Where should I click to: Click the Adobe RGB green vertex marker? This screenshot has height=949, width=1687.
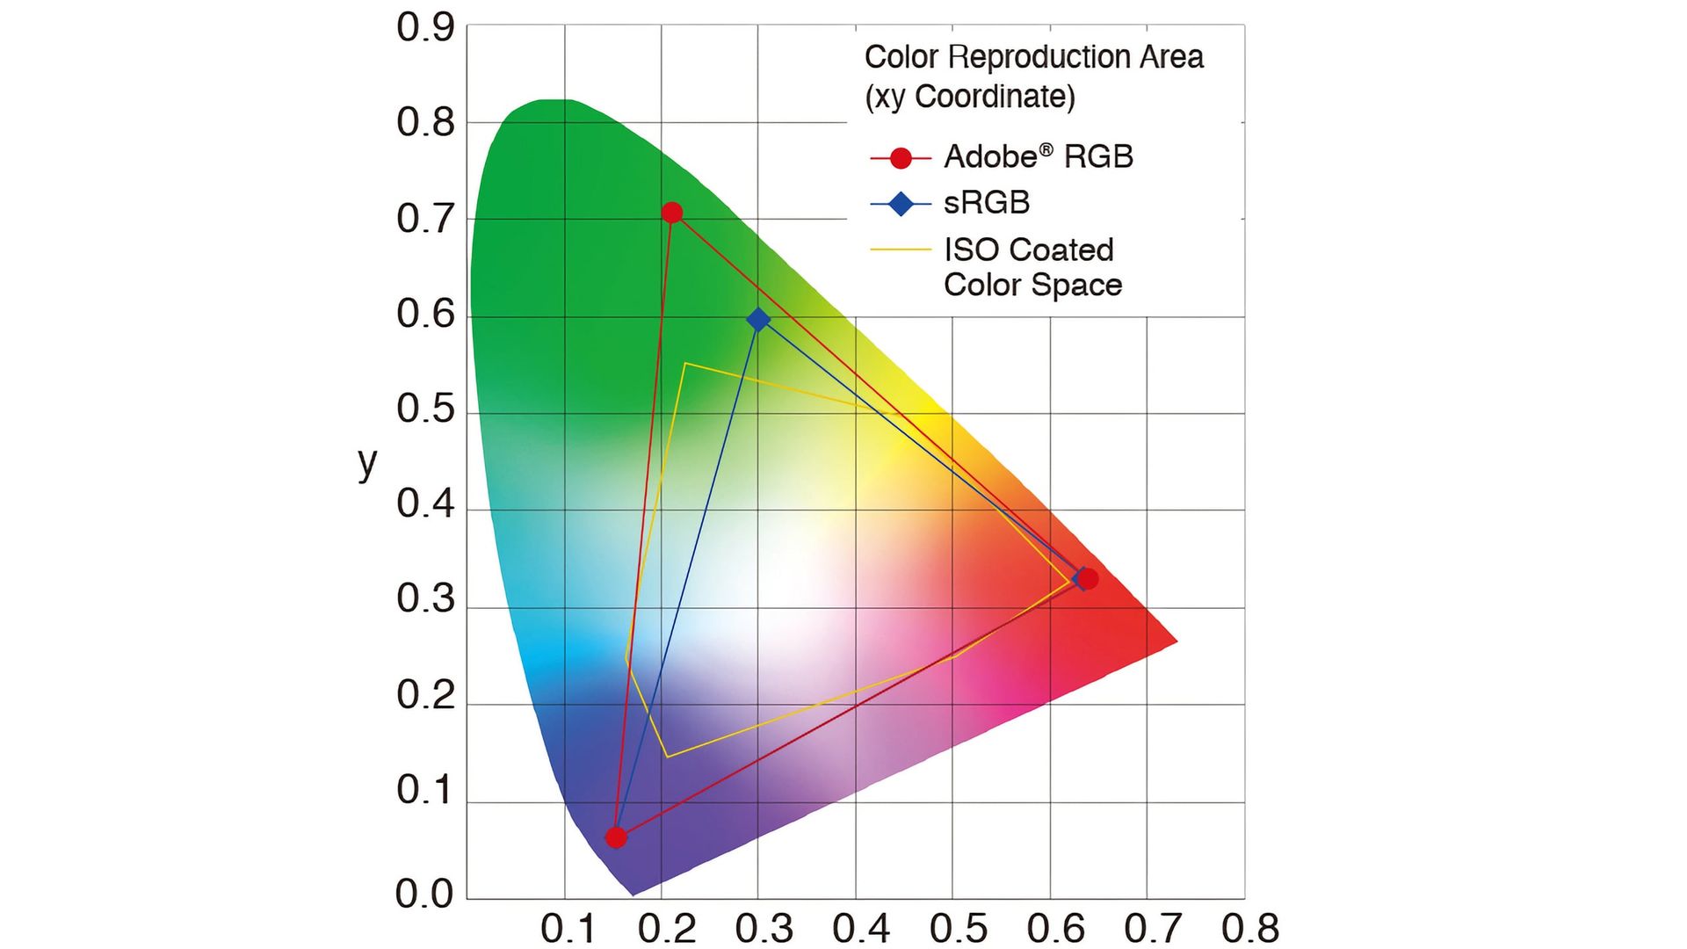click(x=672, y=213)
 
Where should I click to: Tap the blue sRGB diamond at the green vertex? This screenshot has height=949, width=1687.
click(x=758, y=320)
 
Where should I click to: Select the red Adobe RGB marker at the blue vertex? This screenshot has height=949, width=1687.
click(x=616, y=837)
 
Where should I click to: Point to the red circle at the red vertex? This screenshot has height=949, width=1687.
click(x=1088, y=579)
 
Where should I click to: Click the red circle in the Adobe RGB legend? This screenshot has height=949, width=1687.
click(x=901, y=158)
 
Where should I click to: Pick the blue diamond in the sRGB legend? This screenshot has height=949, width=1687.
click(x=901, y=204)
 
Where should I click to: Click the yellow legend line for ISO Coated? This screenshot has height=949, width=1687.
click(x=901, y=250)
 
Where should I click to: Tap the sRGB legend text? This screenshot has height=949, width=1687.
click(x=987, y=203)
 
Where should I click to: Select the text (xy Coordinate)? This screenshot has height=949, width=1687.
click(x=970, y=97)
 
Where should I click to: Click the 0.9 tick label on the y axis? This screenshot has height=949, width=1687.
click(x=425, y=28)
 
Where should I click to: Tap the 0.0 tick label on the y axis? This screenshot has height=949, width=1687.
click(x=425, y=894)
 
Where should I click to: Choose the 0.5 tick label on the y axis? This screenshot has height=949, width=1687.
click(x=425, y=409)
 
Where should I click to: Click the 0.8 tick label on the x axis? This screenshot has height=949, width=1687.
click(x=1249, y=929)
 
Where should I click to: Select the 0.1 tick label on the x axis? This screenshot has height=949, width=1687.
click(x=568, y=929)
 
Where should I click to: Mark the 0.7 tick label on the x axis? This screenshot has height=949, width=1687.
click(x=1153, y=929)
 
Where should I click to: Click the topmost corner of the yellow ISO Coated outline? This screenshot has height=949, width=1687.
click(x=685, y=363)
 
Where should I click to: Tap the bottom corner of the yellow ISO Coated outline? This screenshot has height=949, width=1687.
click(x=667, y=757)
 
